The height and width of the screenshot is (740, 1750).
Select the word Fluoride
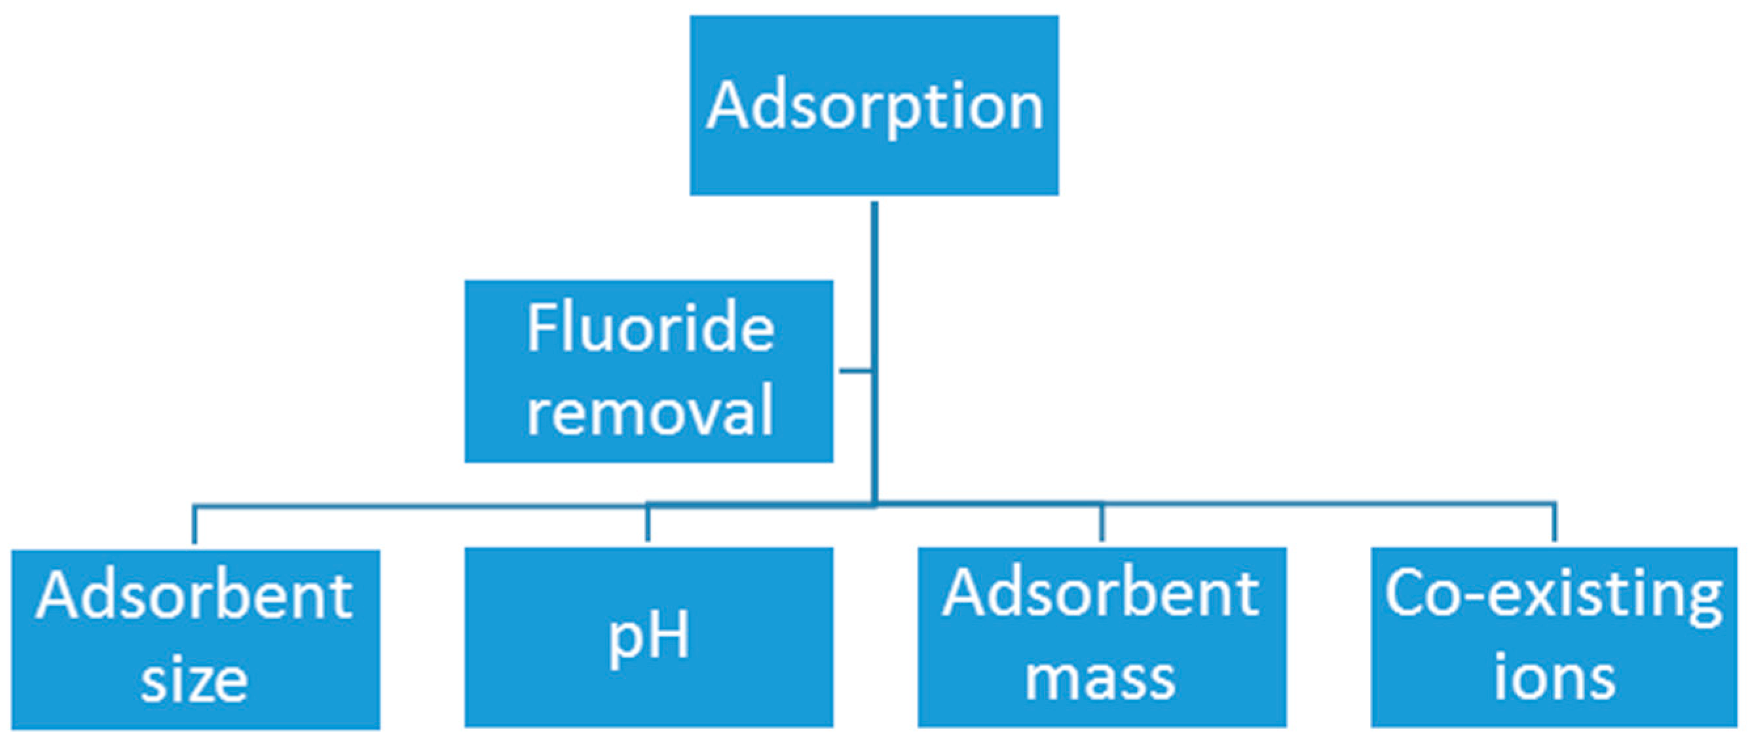(650, 329)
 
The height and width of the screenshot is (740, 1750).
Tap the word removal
(650, 411)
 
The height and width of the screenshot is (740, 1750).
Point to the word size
(195, 682)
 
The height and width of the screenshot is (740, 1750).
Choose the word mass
(1100, 679)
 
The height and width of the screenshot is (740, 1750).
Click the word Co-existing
(1554, 595)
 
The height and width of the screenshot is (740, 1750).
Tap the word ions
(1554, 679)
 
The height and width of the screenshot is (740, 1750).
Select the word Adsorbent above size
(195, 597)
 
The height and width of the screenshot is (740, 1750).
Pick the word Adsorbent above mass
(1100, 594)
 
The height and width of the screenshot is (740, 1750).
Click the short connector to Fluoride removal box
(855, 371)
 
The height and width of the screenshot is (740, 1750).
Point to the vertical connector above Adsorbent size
(195, 525)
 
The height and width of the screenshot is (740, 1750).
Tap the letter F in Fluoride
(540, 329)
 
